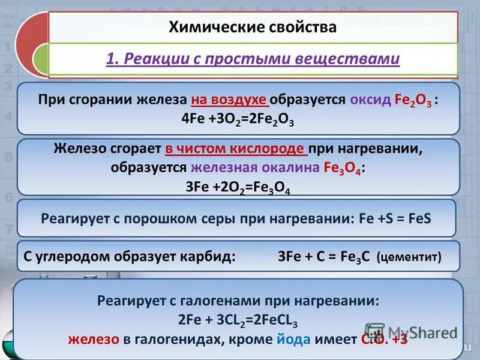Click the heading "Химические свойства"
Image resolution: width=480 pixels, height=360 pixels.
253,27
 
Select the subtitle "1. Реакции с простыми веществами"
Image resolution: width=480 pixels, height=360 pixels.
253,59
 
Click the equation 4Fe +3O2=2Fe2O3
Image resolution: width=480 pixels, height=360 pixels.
238,119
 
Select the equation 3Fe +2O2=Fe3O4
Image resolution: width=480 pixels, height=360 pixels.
238,187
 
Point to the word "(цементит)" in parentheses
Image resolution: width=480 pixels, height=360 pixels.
409,257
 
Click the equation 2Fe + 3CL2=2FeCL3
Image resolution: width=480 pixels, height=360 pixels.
238,319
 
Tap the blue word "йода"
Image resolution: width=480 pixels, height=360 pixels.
293,338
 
